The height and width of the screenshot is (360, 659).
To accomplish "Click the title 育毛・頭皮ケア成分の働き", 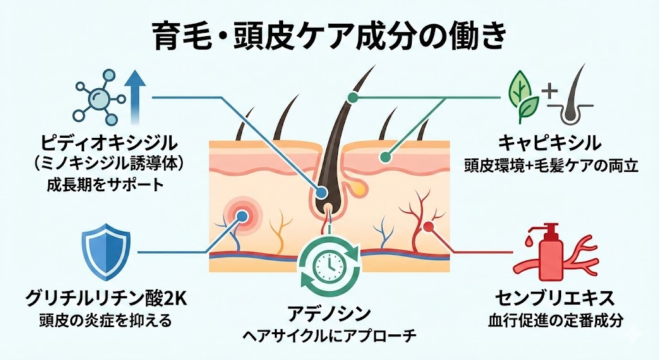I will pyautogui.click(x=329, y=35).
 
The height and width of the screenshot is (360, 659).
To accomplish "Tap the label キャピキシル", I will pyautogui.click(x=550, y=142).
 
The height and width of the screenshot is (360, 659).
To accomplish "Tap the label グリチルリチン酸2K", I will pyautogui.click(x=106, y=299).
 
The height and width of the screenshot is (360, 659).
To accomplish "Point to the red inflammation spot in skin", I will pyautogui.click(x=243, y=214).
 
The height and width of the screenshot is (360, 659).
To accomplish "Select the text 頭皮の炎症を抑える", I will pyautogui.click(x=106, y=320).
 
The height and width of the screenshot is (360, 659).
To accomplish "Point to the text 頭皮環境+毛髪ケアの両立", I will pyautogui.click(x=550, y=166).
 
